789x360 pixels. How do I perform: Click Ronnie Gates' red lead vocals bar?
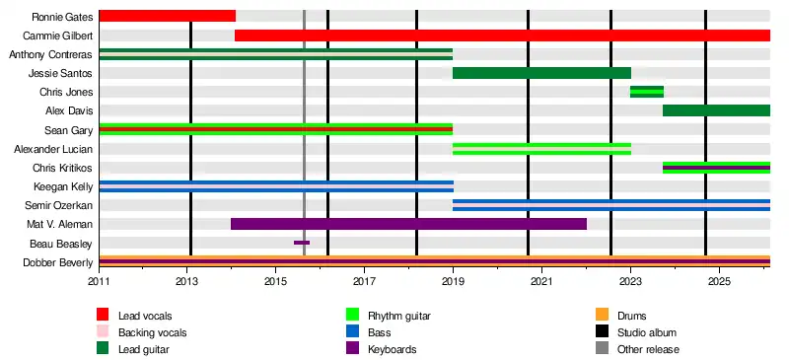(x=168, y=16)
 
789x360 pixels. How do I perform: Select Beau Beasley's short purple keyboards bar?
(x=302, y=243)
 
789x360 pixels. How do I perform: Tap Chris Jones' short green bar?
(x=647, y=92)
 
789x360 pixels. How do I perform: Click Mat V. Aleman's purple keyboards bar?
(x=408, y=224)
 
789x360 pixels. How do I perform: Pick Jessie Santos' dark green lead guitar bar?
(x=541, y=73)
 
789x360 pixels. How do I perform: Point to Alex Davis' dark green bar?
(x=717, y=110)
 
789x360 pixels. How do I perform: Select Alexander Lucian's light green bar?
(x=541, y=149)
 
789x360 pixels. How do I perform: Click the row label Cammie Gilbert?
(x=58, y=36)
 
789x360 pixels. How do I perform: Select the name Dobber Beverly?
(x=58, y=262)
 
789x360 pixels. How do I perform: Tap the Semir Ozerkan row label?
(x=59, y=205)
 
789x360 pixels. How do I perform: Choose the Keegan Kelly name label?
(x=63, y=186)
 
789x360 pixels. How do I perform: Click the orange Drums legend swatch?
(x=602, y=316)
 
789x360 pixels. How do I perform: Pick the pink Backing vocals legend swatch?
(x=103, y=331)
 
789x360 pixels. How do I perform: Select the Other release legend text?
(x=648, y=349)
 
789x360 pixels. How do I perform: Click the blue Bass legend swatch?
(x=353, y=331)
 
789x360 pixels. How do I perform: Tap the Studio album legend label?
(x=647, y=332)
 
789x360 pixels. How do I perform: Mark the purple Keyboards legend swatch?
(x=353, y=348)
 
